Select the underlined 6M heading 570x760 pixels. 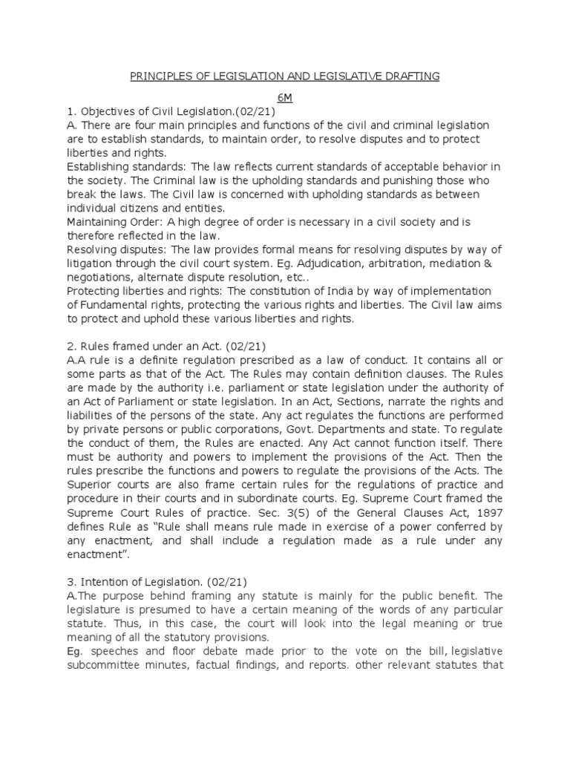(x=286, y=97)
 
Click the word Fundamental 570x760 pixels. (x=113, y=305)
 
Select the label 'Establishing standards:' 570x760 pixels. (x=121, y=167)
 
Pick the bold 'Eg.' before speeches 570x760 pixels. (x=75, y=651)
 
